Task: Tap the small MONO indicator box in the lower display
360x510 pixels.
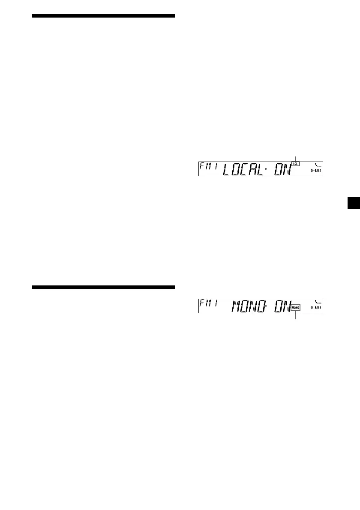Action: (x=295, y=308)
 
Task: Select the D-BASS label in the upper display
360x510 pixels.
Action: (x=317, y=171)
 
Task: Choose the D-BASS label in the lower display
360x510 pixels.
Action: (x=317, y=308)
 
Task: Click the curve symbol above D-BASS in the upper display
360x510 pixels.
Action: (x=318, y=165)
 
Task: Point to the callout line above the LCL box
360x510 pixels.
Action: (x=295, y=158)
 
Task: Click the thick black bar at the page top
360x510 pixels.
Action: (x=103, y=16)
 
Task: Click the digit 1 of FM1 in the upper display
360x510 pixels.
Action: (x=217, y=165)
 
